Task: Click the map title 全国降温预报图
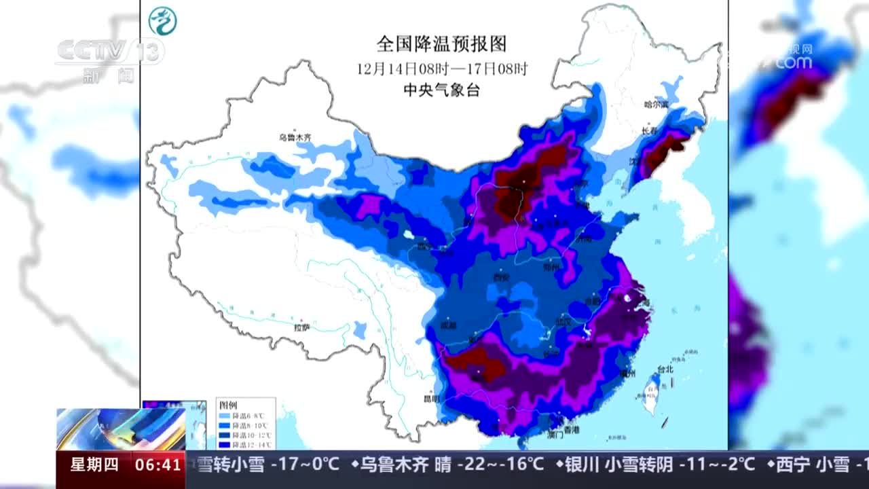tap(441, 45)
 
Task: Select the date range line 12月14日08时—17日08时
tap(442, 69)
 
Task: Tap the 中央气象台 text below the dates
tap(441, 90)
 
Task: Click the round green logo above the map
tap(162, 21)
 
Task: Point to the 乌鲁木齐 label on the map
tap(295, 137)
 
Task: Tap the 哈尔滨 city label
tap(656, 105)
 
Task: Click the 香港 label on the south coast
tap(572, 430)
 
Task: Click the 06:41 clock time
tap(158, 465)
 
